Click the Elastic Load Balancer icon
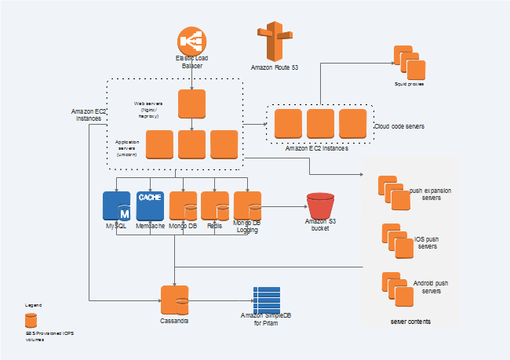point(192,42)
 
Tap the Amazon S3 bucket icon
point(319,206)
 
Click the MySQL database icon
point(117,205)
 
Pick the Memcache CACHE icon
point(150,205)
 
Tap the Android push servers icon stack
point(396,289)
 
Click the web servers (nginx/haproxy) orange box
point(192,104)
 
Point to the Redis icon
point(215,205)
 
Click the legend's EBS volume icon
point(31,320)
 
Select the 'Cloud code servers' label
point(399,125)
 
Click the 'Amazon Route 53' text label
point(274,69)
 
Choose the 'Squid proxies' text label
point(410,83)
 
